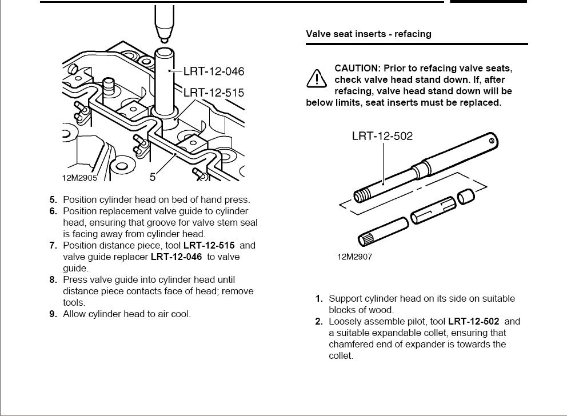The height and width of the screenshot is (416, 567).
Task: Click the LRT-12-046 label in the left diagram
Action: pyautogui.click(x=214, y=71)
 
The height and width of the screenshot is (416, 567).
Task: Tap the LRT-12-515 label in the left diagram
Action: pyautogui.click(x=214, y=93)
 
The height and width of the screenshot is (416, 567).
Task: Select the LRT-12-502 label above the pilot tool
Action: pyautogui.click(x=382, y=136)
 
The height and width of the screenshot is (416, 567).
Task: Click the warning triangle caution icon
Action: pyautogui.click(x=316, y=79)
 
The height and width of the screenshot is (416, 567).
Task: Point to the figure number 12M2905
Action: pyautogui.click(x=79, y=178)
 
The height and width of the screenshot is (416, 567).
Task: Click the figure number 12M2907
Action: pyautogui.click(x=354, y=257)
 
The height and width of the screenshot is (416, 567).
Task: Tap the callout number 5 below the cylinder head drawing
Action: pyautogui.click(x=153, y=178)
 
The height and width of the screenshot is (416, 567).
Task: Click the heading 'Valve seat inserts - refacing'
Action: pyautogui.click(x=369, y=34)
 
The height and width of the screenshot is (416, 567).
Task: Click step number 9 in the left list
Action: pyautogui.click(x=53, y=314)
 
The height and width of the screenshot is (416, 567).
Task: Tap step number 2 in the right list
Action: pyautogui.click(x=319, y=321)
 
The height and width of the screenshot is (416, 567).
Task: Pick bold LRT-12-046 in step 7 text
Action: pyautogui.click(x=176, y=257)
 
